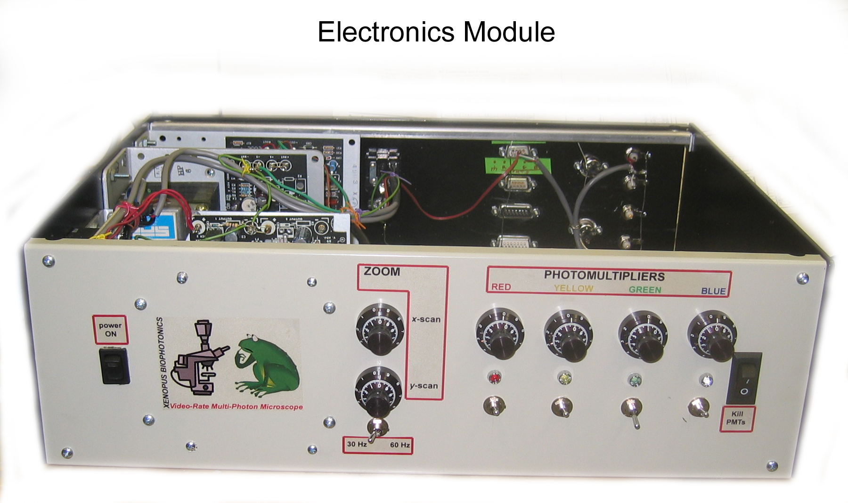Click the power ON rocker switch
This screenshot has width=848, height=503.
coord(114,366)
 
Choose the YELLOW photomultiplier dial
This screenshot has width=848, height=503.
coord(569,335)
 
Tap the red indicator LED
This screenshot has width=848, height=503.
coord(495,377)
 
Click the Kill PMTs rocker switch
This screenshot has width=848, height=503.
coord(744,378)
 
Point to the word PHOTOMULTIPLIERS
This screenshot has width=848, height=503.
coord(604,276)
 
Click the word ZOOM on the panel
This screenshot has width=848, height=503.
coord(382,272)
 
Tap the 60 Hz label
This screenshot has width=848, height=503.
coord(400,445)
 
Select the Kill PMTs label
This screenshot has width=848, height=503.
coord(736,418)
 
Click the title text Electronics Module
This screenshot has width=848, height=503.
coord(436,32)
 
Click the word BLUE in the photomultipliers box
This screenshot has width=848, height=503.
coord(713,291)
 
